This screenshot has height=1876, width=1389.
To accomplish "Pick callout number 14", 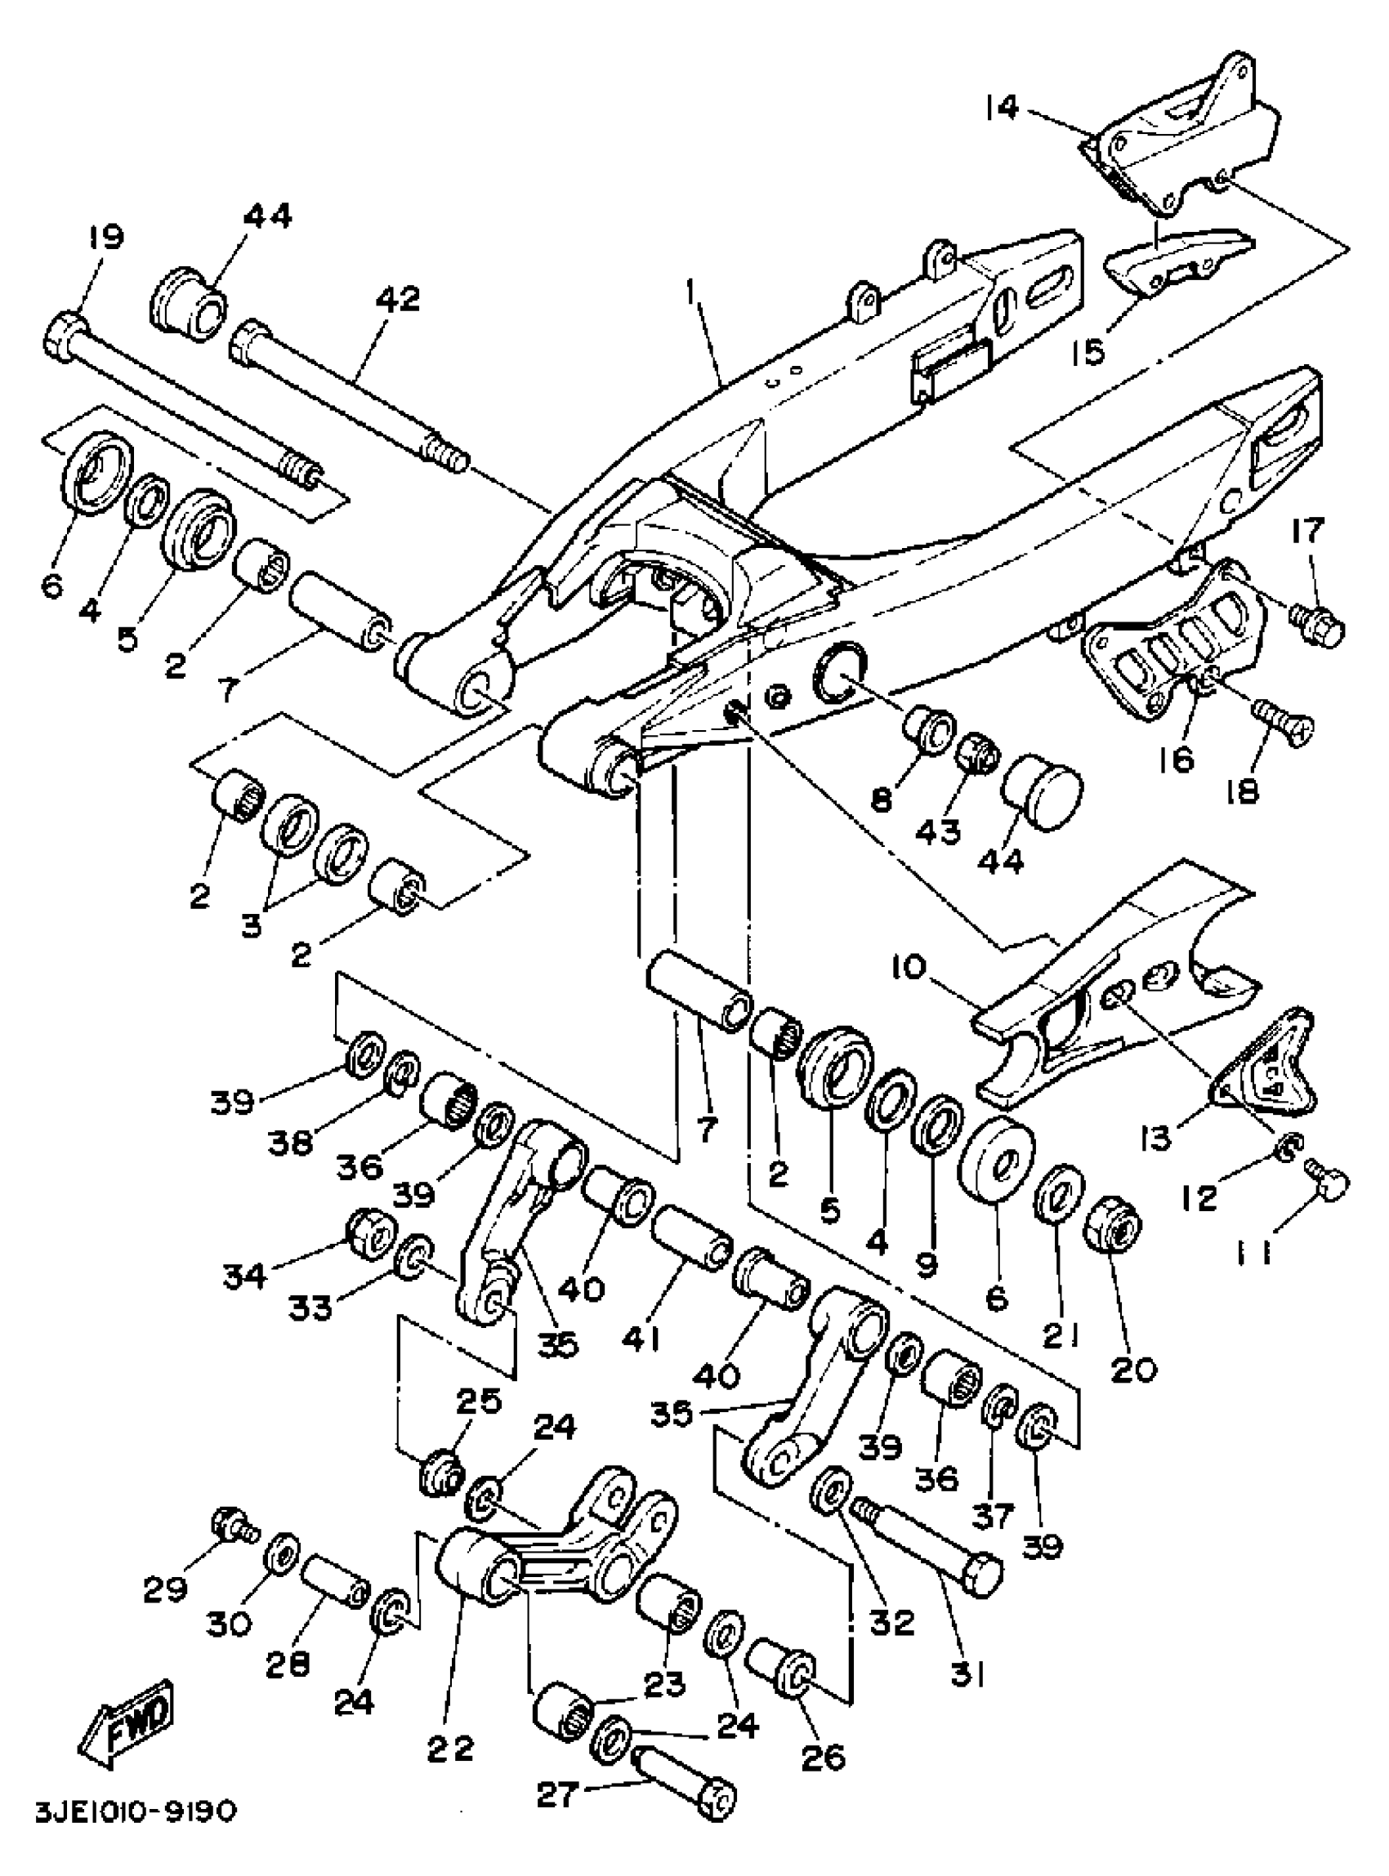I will [x=1003, y=109].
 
